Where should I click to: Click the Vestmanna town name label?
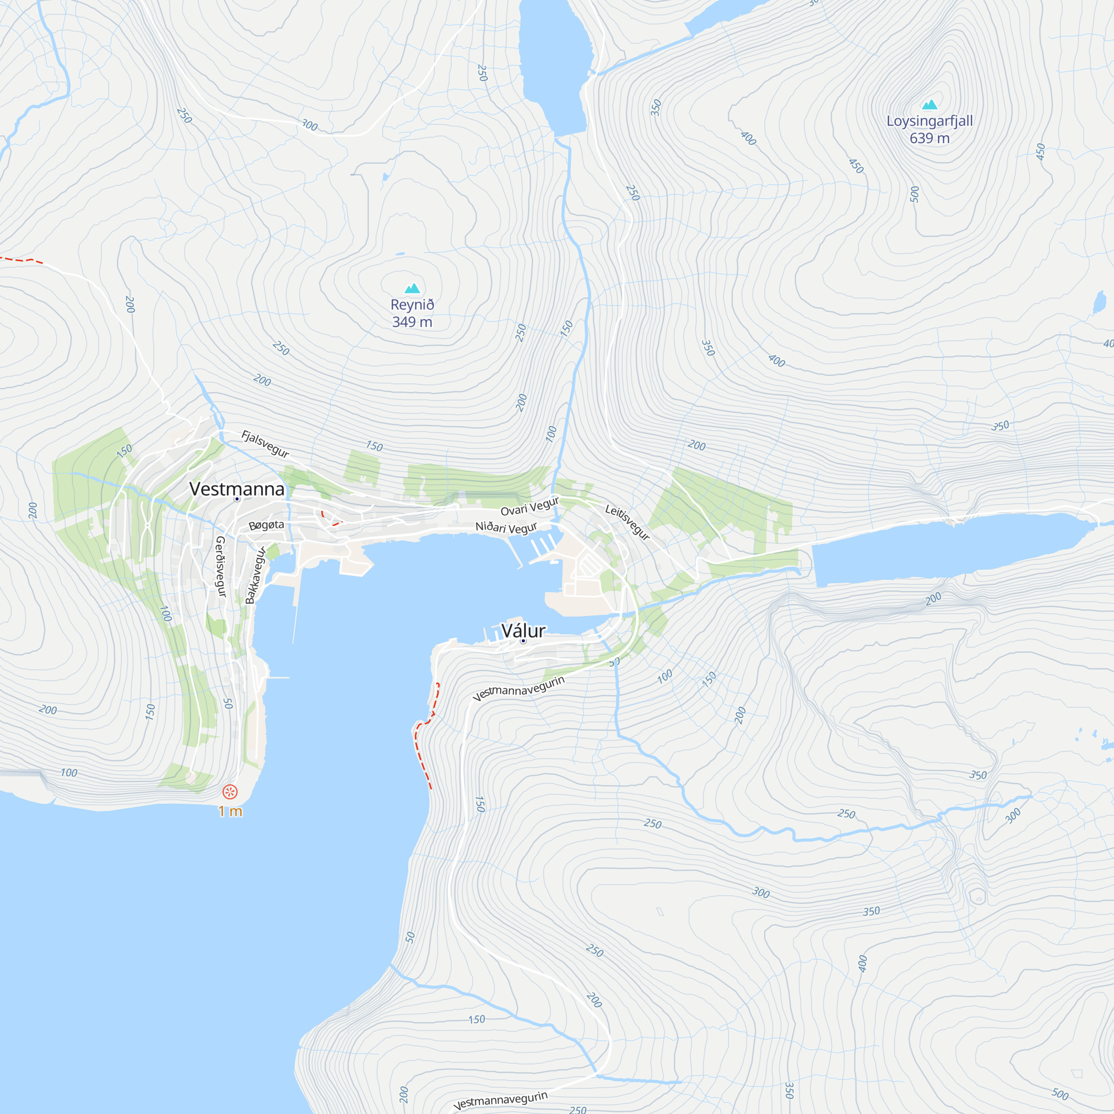point(237,488)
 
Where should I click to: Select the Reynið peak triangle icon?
point(412,288)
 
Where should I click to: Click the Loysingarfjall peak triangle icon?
point(930,104)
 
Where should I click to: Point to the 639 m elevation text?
point(930,138)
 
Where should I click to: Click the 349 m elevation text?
point(412,322)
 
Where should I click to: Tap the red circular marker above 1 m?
point(230,791)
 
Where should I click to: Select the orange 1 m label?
point(230,812)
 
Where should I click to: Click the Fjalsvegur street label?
point(265,443)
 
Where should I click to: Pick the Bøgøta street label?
point(266,525)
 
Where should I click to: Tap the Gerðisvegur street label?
point(220,566)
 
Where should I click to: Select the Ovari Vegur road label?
point(529,506)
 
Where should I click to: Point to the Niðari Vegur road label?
point(506,527)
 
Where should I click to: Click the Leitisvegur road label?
point(627,522)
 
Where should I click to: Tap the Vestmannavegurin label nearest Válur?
point(519,688)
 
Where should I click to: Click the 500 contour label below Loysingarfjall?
point(915,194)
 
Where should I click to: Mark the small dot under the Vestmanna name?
point(237,499)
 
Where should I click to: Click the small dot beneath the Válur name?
point(523,641)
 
